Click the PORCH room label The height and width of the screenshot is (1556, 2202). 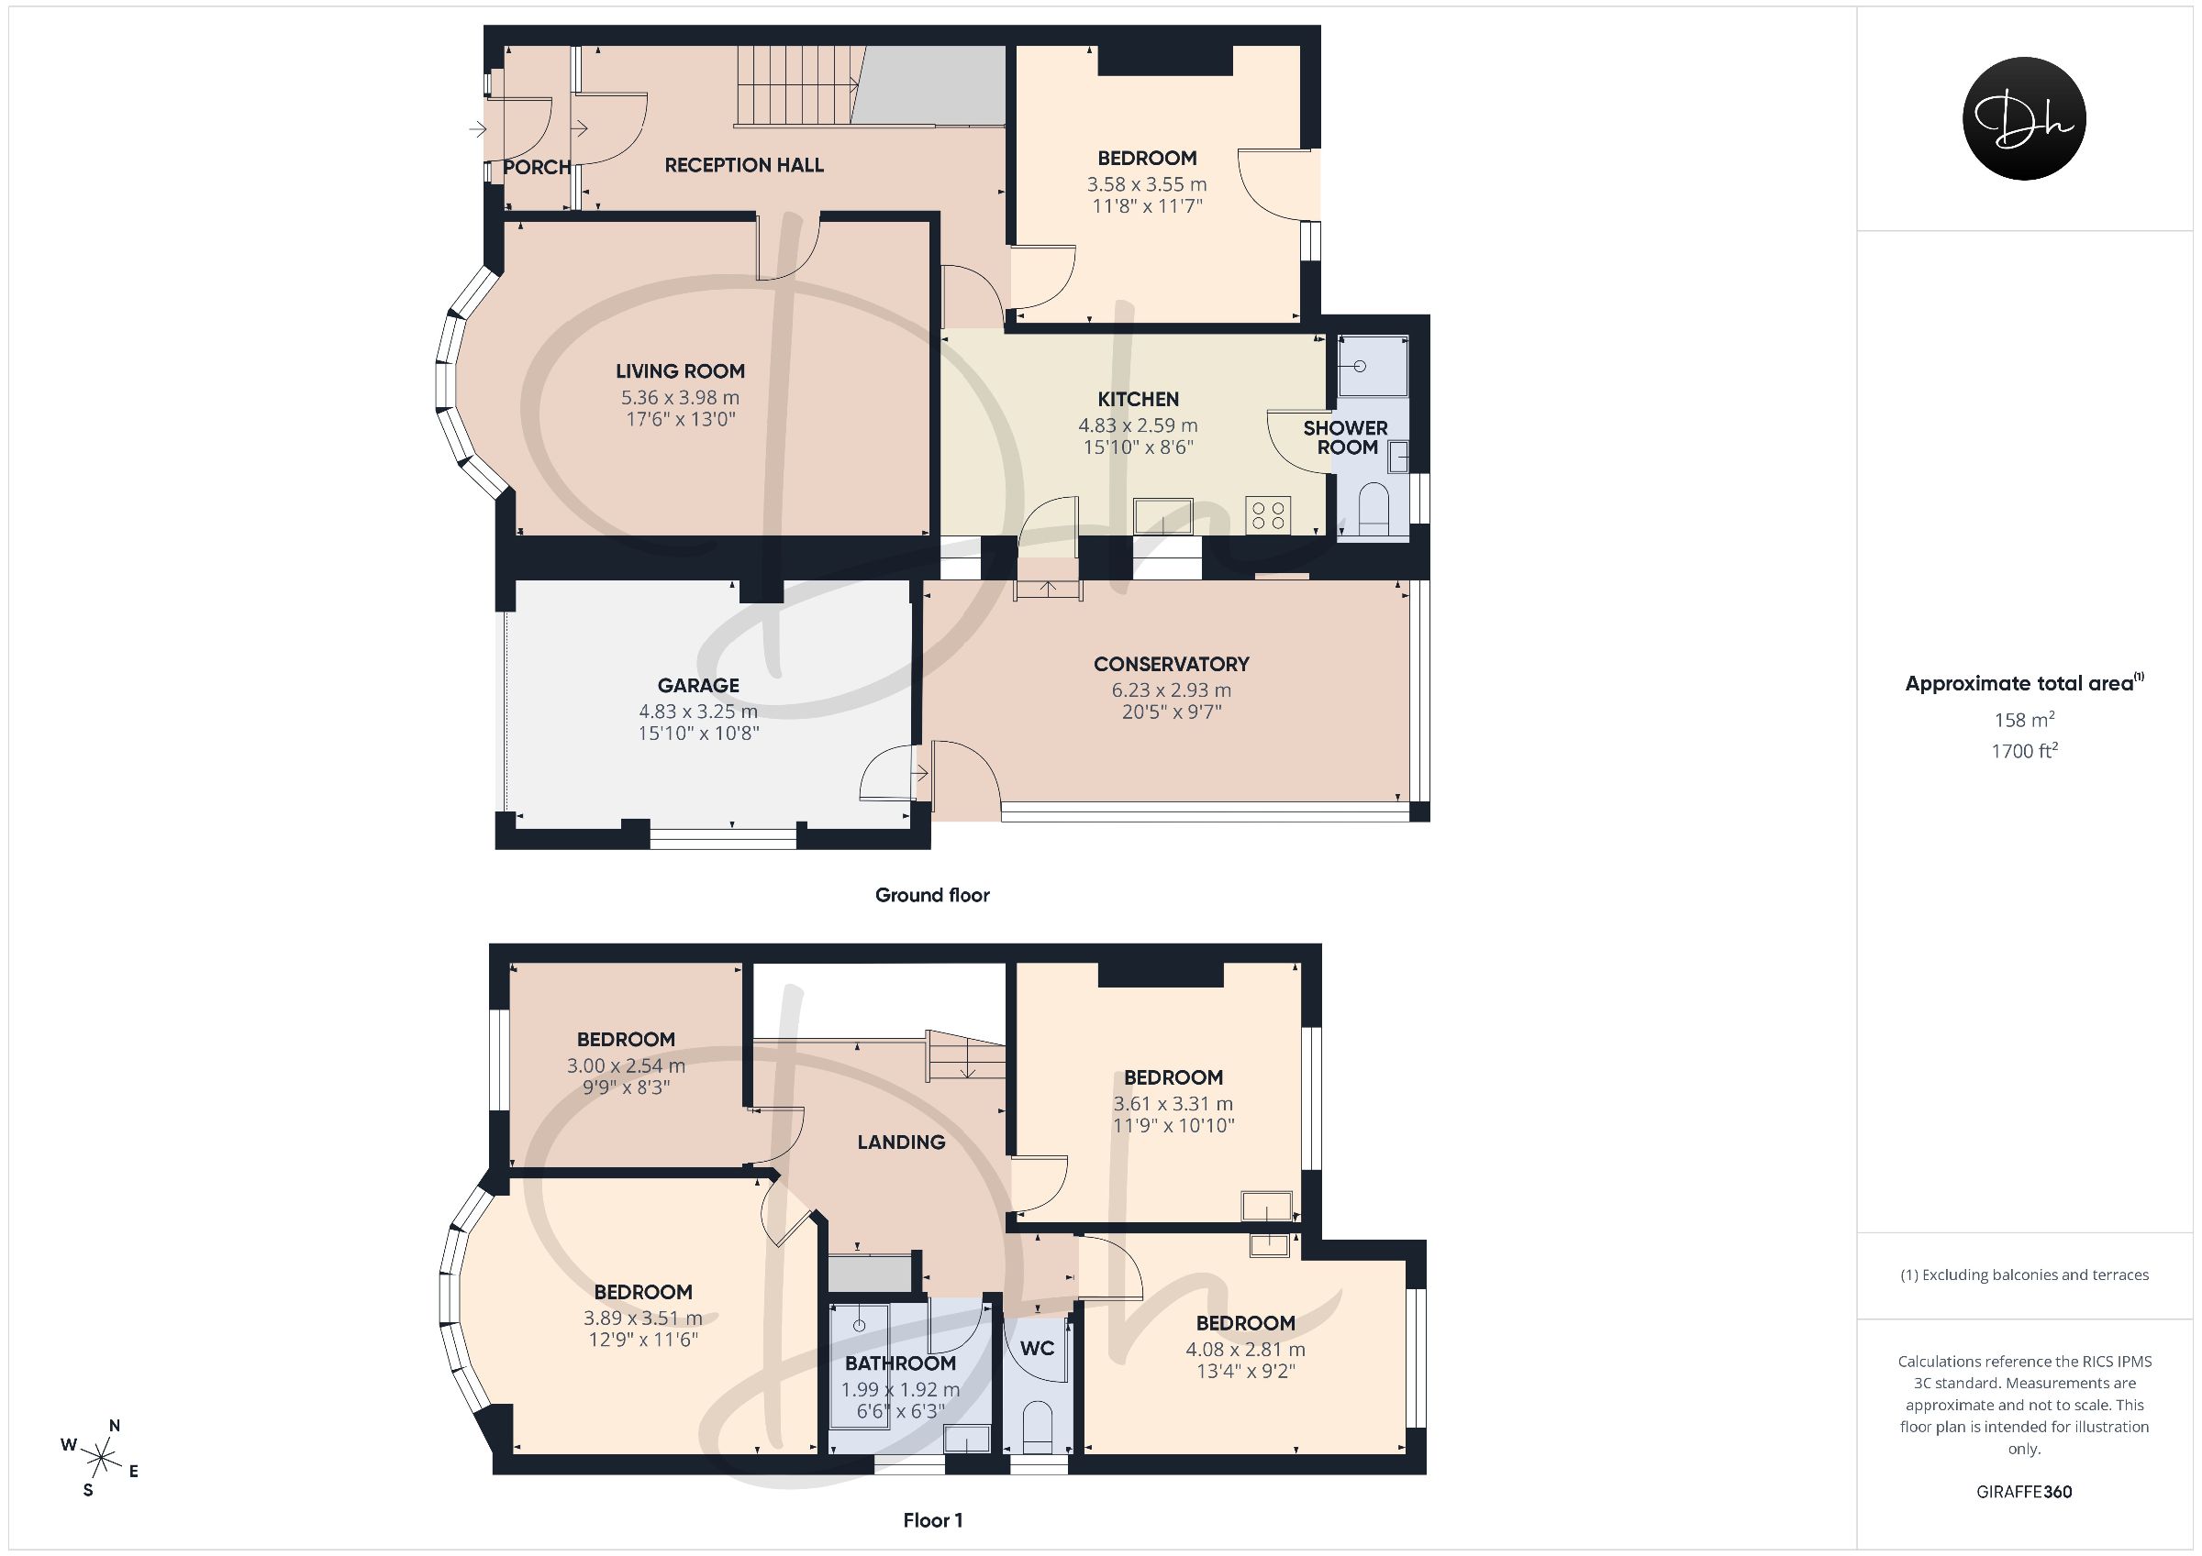537,167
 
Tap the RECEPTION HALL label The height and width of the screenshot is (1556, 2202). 744,165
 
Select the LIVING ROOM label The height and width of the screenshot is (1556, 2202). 680,371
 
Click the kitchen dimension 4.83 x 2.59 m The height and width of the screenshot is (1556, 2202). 1139,425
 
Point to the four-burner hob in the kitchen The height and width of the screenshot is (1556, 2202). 1268,514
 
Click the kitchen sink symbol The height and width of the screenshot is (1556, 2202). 1162,516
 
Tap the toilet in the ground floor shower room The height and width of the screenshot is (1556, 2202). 1374,509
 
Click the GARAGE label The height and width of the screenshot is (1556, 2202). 698,686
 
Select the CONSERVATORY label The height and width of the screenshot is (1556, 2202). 1171,665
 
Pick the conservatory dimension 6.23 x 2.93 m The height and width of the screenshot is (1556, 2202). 1171,690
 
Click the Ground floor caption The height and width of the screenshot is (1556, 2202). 932,896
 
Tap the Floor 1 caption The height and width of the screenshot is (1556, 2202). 933,1520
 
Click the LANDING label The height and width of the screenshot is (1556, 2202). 902,1142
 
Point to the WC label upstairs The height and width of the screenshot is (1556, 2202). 1037,1348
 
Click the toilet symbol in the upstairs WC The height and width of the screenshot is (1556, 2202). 1037,1429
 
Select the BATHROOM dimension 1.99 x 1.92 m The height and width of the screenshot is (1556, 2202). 901,1389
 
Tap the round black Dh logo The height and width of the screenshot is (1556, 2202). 2025,118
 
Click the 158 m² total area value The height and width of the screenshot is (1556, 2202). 2025,719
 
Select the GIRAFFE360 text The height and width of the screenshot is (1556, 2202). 2025,1492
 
